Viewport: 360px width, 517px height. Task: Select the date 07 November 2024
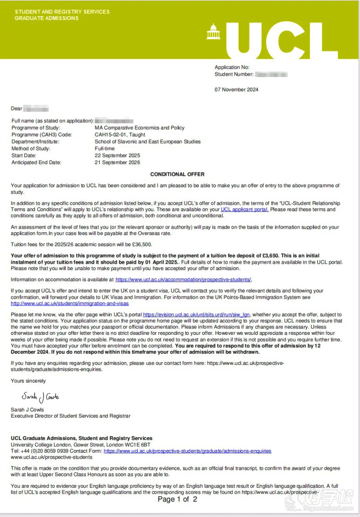tap(236, 90)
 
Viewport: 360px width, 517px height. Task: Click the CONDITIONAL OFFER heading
tap(177, 174)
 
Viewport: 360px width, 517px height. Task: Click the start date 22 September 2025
tap(117, 155)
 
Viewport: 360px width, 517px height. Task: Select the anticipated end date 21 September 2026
tap(117, 162)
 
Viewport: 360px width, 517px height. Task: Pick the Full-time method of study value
tap(104, 148)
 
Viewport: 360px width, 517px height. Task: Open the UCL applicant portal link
tap(245, 210)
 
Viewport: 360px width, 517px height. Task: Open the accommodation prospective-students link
tap(184, 279)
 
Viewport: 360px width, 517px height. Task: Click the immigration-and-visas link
tap(70, 304)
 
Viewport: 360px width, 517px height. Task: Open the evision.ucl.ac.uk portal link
tap(196, 315)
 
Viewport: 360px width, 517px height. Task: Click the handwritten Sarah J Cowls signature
tap(40, 397)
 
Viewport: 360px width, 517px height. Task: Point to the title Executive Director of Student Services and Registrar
tap(71, 416)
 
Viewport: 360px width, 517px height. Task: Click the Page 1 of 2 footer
tap(177, 499)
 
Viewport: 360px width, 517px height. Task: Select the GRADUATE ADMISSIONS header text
tap(46, 18)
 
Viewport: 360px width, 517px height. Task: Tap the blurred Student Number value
tap(271, 74)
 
